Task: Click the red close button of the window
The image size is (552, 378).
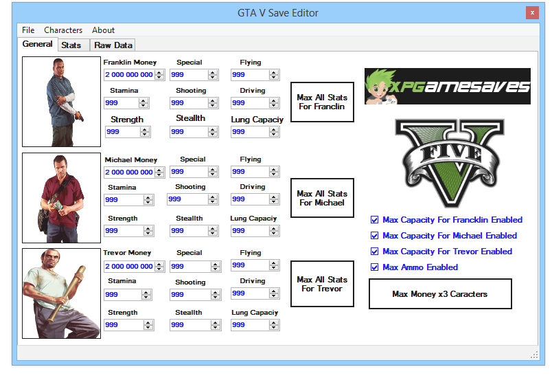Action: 531,13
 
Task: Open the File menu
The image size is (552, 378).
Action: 28,30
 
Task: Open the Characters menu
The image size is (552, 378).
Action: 63,30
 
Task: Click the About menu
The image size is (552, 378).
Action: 104,30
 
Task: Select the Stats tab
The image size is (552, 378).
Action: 71,45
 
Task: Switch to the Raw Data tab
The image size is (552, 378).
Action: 113,45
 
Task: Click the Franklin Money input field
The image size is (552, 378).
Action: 128,75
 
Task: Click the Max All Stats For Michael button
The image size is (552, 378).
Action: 322,198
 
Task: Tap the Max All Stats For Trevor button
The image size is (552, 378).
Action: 322,284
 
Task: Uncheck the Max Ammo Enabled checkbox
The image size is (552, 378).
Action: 374,267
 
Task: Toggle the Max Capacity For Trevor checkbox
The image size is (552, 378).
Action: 374,252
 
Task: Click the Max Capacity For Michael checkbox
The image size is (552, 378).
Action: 374,236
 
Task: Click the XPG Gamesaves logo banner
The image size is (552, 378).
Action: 447,86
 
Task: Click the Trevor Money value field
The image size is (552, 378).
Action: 128,266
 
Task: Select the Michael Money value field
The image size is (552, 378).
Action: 128,172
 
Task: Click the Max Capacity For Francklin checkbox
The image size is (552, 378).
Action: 374,220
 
